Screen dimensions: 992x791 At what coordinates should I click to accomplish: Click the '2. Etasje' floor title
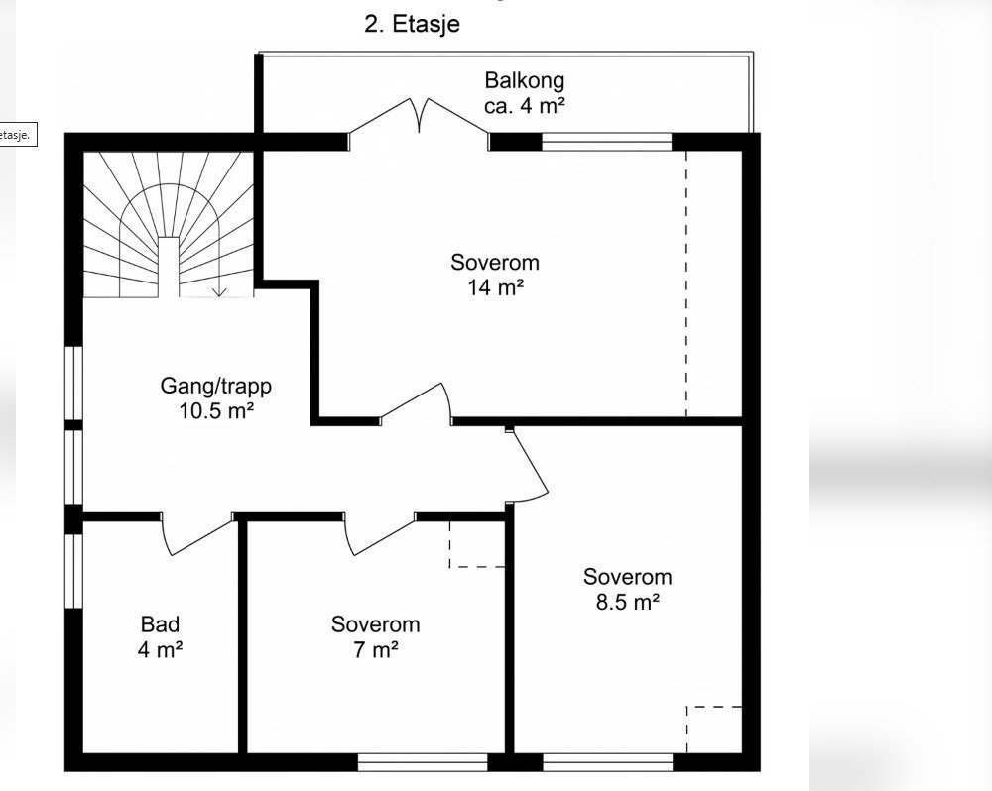coord(412,24)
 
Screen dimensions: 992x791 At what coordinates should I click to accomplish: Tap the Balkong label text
coord(525,80)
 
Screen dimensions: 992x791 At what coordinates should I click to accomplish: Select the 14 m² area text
coord(495,287)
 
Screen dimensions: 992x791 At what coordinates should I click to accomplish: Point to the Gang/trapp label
coord(215,386)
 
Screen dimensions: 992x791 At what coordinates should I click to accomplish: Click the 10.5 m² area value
coord(216,411)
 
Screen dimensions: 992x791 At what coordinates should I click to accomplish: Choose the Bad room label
coord(160,624)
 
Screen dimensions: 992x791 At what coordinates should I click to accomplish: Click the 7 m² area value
coord(376,649)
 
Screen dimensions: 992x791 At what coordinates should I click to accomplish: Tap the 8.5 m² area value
coord(628,602)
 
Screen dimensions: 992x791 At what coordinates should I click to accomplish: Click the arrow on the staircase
coord(219,266)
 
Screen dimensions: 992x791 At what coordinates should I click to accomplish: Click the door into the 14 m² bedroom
coord(416,404)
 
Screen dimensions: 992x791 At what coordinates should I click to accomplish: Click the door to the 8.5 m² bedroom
coord(527,465)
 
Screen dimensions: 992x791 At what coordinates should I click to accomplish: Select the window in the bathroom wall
coord(74,571)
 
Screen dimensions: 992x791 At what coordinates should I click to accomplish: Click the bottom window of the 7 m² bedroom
coord(423,762)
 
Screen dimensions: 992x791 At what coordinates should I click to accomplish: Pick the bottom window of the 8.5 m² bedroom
coord(607,762)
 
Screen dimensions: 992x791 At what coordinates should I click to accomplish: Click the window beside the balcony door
coord(606,143)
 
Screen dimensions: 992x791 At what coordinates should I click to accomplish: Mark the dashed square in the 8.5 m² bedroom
coord(714,730)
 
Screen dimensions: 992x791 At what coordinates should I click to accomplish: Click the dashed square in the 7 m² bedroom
coord(478,544)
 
